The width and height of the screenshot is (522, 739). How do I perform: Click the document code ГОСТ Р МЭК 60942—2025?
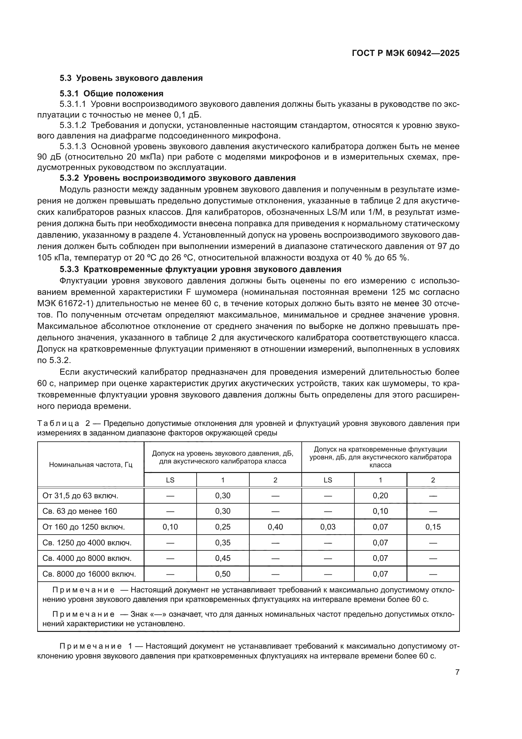405,53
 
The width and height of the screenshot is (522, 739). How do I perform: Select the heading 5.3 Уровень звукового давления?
131,78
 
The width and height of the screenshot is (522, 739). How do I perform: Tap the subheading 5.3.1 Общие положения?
111,94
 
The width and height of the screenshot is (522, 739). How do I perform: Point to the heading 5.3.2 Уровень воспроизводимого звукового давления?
177,178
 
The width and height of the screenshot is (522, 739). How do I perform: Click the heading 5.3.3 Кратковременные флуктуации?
200,269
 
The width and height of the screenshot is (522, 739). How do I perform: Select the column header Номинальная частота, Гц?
91,464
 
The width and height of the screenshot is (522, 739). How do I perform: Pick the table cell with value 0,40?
275,527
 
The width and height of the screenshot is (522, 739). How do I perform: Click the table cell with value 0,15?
433,527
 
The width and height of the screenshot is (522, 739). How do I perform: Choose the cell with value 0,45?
222,558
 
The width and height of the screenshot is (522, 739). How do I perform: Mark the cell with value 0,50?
222,574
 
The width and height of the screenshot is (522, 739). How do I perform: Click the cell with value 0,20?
380,496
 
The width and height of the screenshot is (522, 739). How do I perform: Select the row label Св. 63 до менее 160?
80,511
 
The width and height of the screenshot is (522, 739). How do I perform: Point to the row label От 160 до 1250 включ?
84,527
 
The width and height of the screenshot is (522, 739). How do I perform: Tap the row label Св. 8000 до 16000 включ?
89,574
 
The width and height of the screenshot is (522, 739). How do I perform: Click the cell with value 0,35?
222,543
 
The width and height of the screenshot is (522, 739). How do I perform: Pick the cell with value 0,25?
222,527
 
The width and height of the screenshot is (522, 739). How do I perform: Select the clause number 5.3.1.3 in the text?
73,147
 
